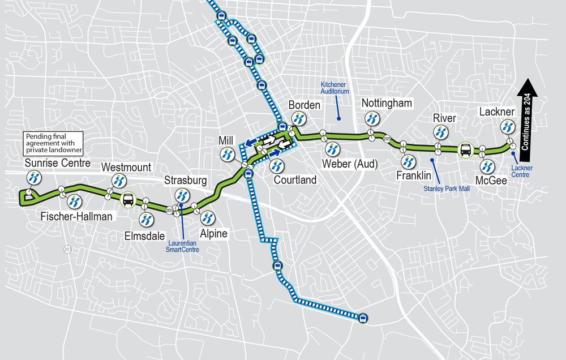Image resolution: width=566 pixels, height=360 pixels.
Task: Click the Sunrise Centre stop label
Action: click(58, 164)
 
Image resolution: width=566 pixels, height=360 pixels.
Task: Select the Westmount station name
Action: click(126, 168)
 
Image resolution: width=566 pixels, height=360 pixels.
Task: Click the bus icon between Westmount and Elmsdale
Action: click(128, 199)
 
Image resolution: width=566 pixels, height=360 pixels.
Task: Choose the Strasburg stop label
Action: click(182, 181)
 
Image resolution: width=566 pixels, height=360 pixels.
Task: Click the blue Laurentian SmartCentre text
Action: click(182, 245)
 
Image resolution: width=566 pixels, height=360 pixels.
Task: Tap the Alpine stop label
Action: click(213, 233)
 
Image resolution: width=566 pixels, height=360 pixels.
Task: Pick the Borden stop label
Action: click(305, 105)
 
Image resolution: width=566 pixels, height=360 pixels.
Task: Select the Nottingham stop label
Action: click(387, 104)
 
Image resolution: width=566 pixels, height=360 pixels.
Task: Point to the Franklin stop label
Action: click(413, 176)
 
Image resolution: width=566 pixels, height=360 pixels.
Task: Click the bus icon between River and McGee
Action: click(465, 150)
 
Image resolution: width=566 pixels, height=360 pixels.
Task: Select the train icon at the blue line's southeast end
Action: click(362, 318)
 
